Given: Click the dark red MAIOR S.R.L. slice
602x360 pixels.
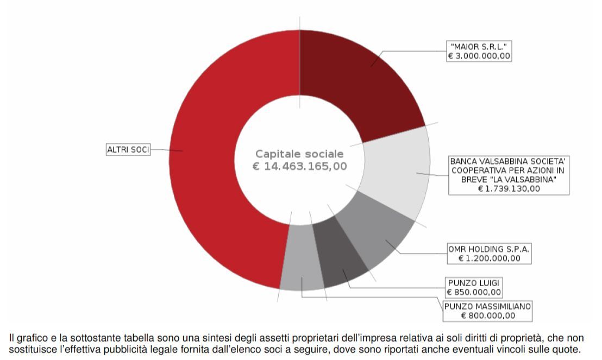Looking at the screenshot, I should pos(364,81).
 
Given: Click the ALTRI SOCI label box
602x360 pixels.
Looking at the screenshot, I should pos(128,149).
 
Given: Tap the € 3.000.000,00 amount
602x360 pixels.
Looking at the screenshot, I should pos(479,56).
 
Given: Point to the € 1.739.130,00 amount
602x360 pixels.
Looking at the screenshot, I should pos(509,188).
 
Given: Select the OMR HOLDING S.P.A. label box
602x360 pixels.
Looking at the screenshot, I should pos(489,249).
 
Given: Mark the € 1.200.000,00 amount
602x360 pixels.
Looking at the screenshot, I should pos(489,258).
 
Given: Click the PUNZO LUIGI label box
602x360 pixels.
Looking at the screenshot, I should pos(473,283).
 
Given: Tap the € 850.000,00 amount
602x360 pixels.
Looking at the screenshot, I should pos(473,292).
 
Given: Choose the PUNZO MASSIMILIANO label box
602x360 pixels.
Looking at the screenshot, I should pos(487,306).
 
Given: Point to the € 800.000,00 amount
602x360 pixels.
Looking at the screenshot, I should pos(487,315).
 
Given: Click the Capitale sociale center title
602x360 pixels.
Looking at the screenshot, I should pos(299,154).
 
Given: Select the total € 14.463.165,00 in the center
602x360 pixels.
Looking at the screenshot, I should pos(299,166).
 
